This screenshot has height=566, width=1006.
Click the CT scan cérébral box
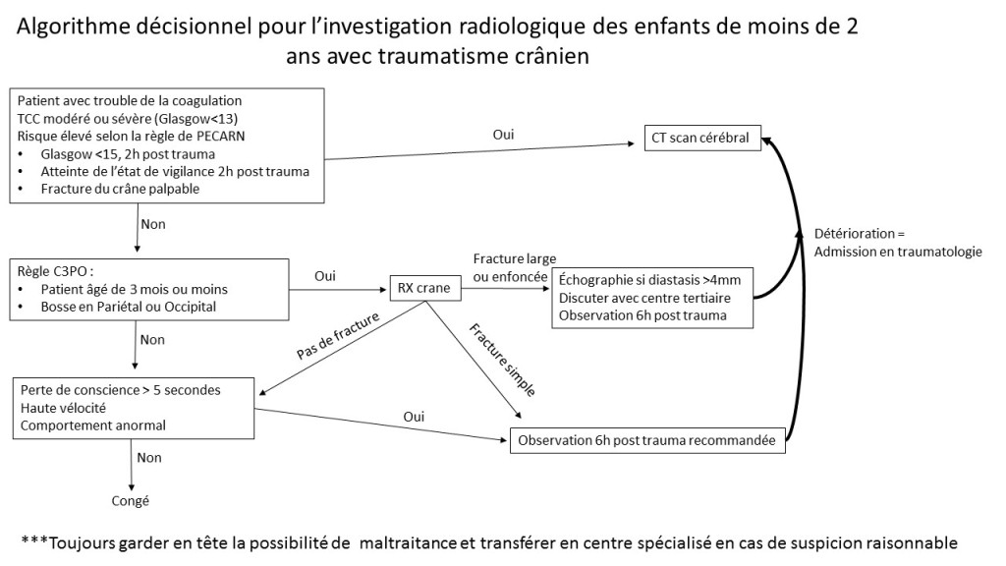(702, 138)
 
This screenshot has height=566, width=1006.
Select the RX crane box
(424, 288)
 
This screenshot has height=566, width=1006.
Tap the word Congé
(131, 501)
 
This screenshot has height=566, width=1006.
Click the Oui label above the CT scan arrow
(504, 134)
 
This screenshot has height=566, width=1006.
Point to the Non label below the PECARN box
(153, 224)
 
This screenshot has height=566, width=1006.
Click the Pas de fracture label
(338, 336)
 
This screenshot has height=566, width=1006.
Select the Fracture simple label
(502, 360)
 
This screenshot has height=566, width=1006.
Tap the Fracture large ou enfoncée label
(515, 267)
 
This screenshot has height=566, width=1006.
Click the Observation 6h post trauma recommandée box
(647, 440)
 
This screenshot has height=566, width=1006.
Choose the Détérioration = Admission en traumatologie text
(898, 243)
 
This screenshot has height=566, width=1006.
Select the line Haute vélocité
(63, 408)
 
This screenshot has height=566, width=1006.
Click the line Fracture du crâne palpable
(120, 189)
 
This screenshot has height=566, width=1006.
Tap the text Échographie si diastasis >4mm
(649, 280)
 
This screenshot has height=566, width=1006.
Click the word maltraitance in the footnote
(408, 542)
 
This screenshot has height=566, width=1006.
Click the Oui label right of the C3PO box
(325, 276)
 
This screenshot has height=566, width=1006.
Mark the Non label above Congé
(149, 458)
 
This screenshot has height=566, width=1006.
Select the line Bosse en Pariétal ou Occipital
(129, 307)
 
